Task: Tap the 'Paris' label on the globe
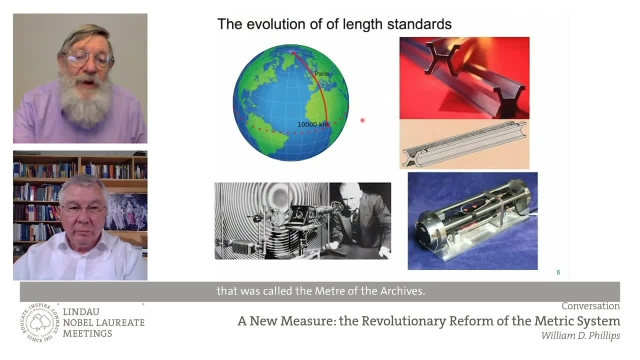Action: click(x=321, y=74)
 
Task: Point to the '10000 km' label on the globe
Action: click(x=312, y=124)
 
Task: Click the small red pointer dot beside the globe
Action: click(x=362, y=120)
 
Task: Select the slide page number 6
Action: click(x=558, y=272)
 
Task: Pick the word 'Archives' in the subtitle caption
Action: click(x=402, y=291)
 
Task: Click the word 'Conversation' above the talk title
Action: click(x=590, y=306)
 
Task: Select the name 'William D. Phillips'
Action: click(x=580, y=335)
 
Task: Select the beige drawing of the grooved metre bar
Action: click(x=463, y=144)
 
